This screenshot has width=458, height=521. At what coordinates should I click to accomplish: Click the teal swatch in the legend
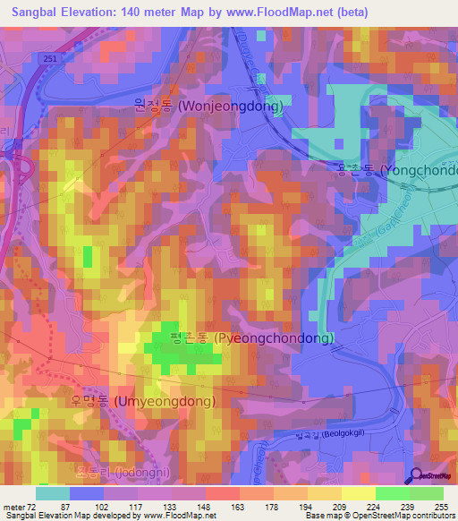53,493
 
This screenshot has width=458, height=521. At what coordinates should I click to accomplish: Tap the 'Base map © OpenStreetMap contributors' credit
379,516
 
